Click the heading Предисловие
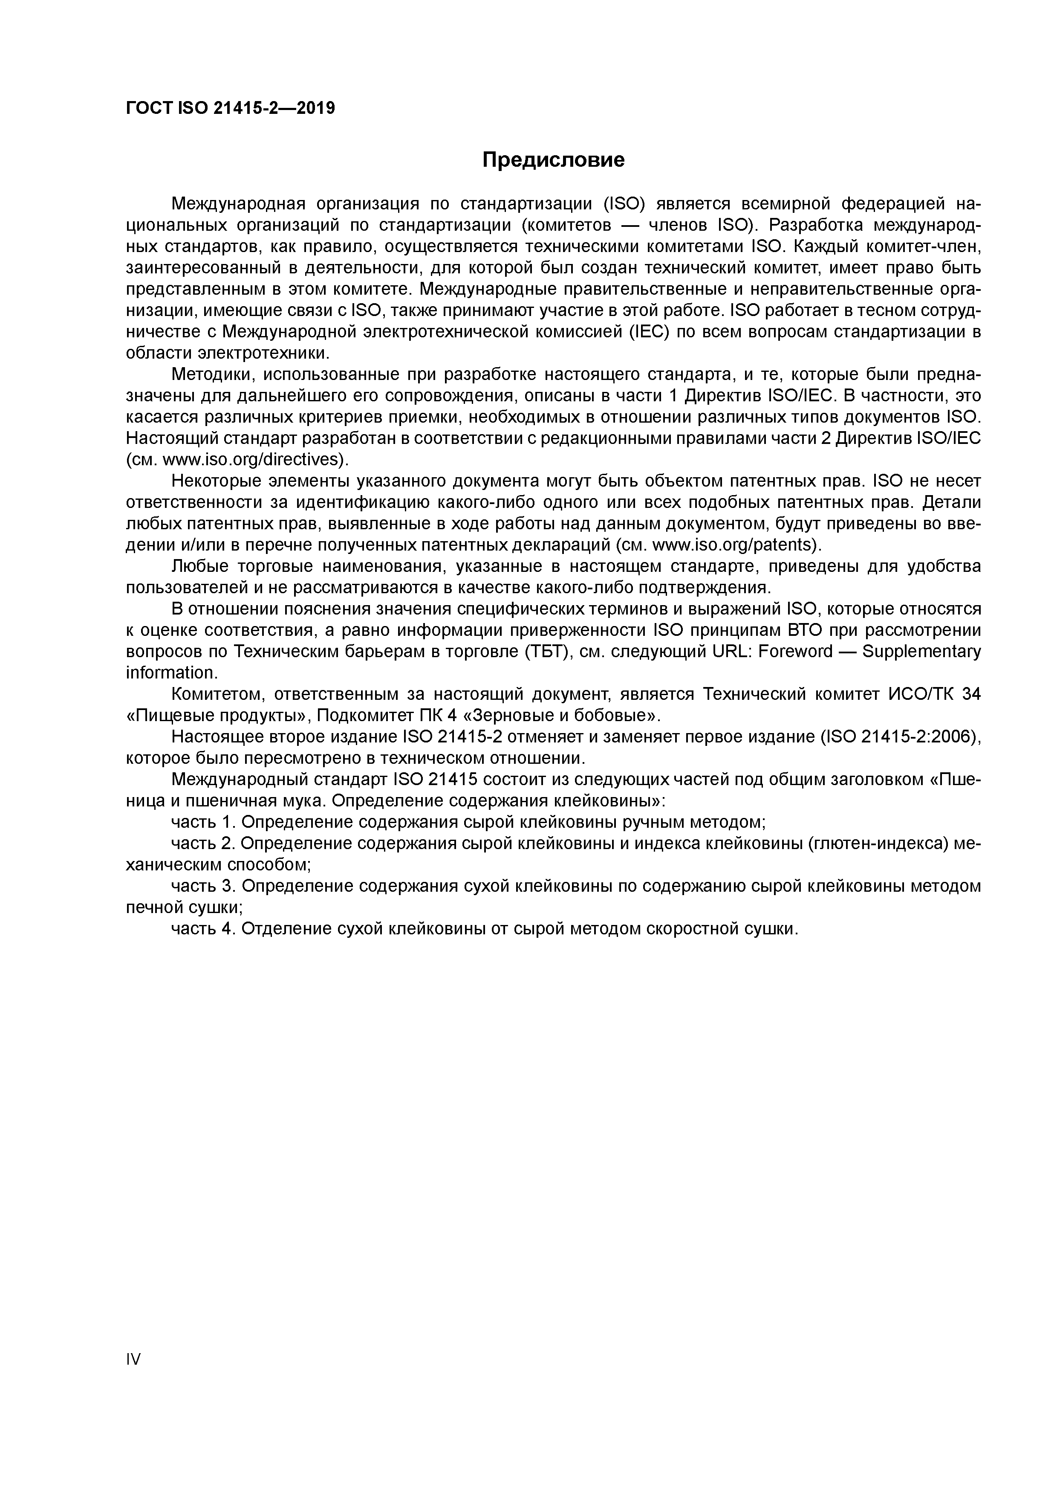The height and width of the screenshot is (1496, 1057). coord(553,159)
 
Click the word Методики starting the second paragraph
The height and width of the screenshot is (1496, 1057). coord(214,375)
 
